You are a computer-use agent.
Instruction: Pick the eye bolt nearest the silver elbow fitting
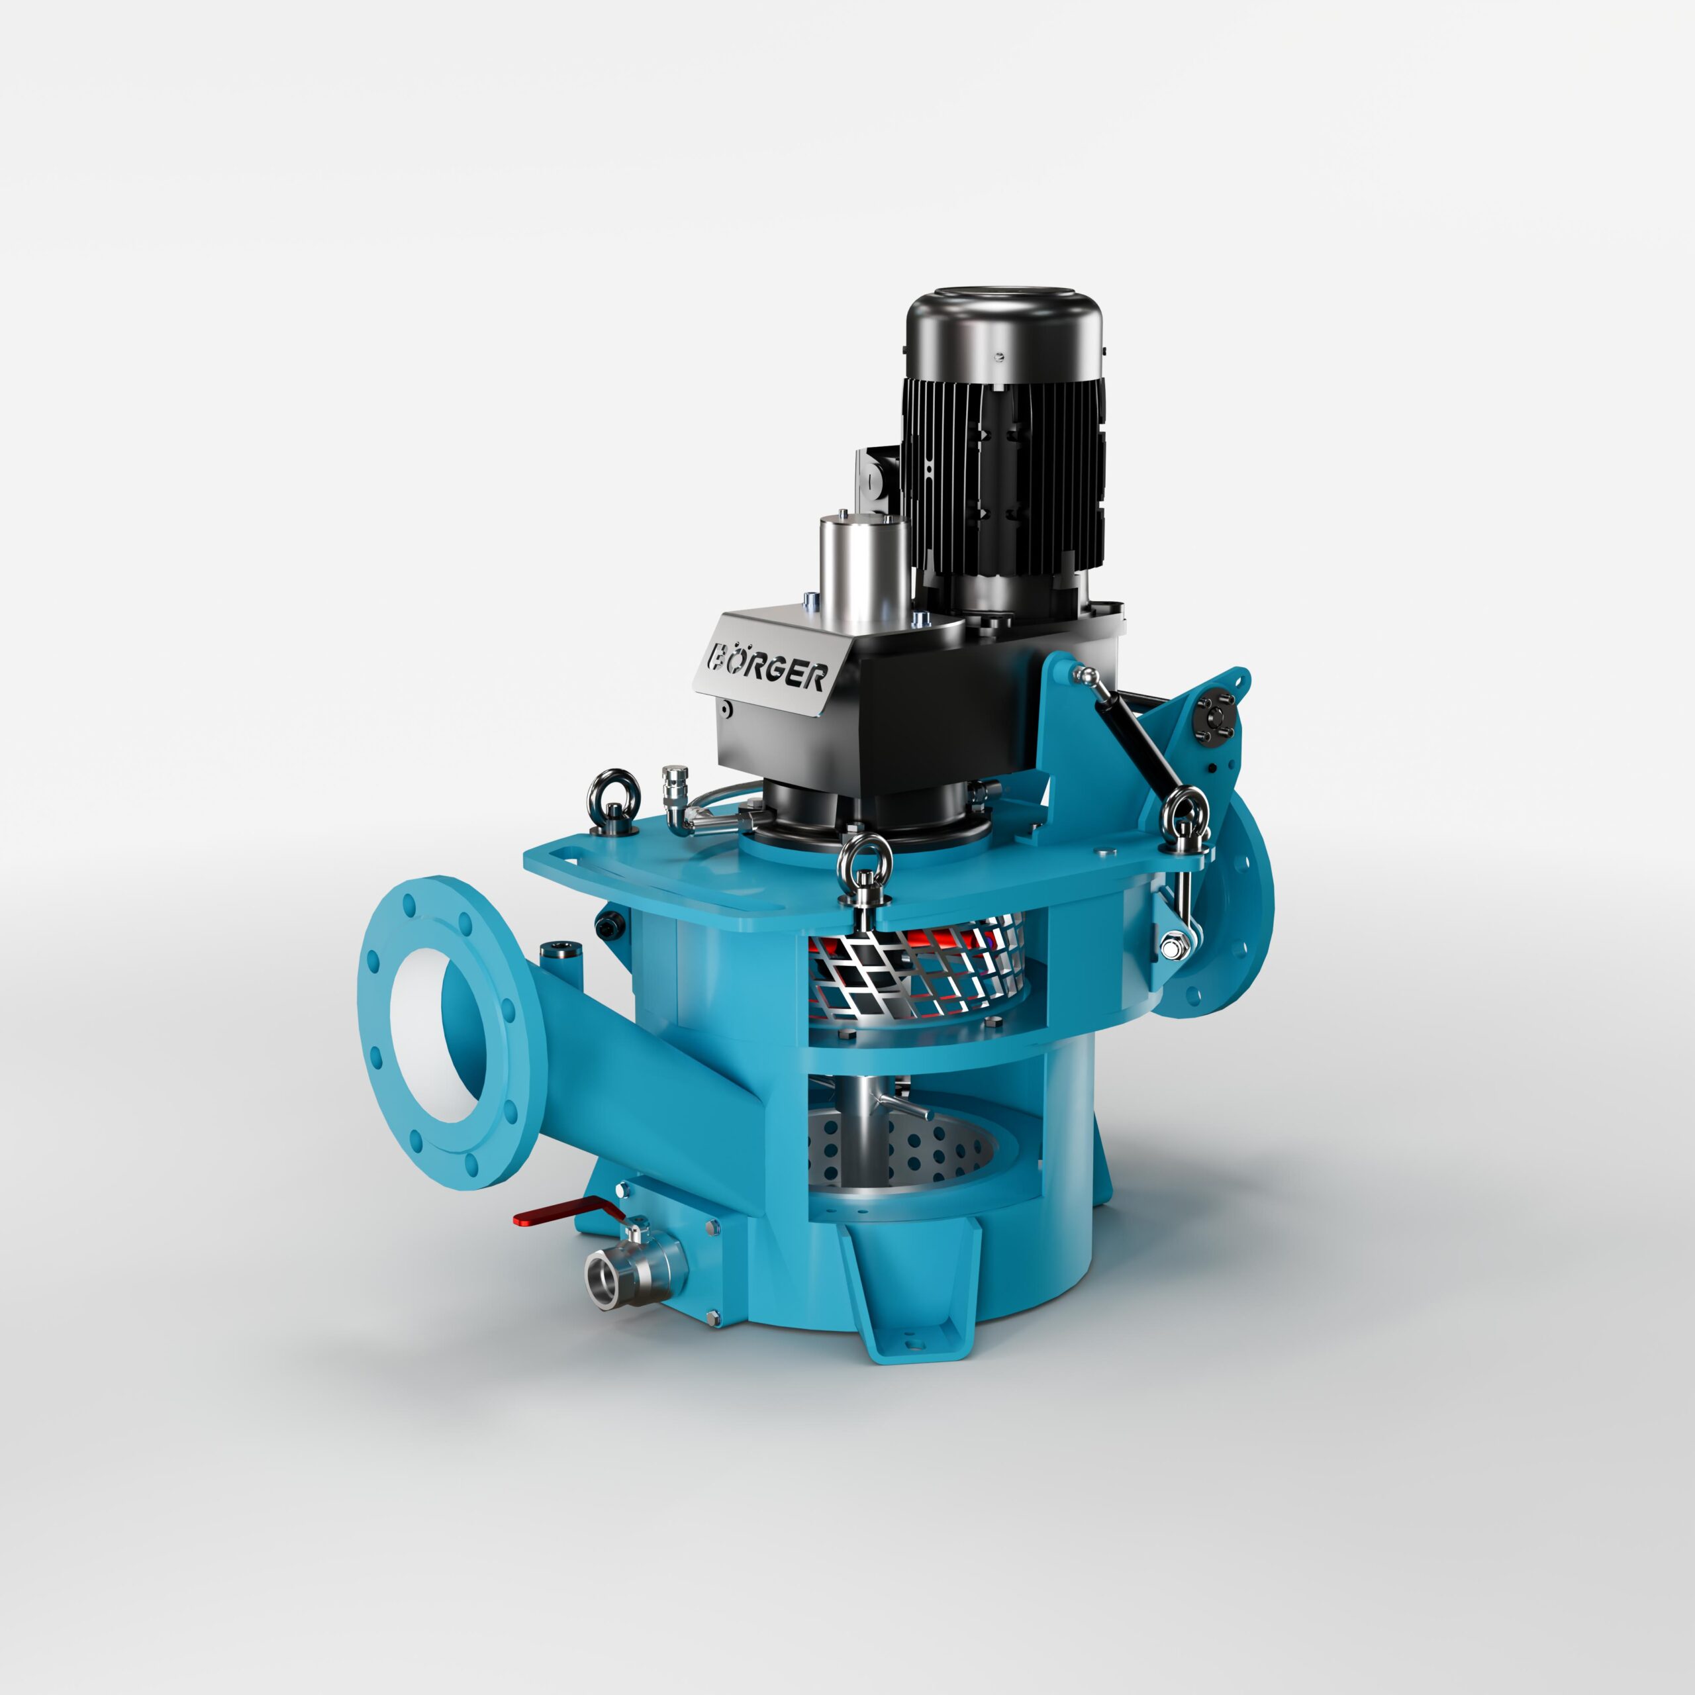coord(608,799)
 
